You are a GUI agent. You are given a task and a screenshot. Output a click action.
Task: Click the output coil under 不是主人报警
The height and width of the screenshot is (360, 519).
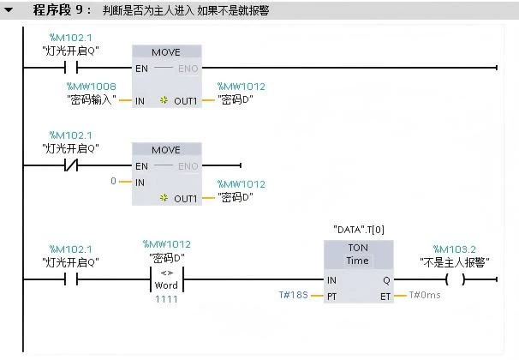coord(455,279)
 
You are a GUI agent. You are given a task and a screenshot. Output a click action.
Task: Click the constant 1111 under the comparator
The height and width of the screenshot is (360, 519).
coord(167,299)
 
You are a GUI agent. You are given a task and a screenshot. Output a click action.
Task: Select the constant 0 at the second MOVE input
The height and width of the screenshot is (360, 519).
coord(112,182)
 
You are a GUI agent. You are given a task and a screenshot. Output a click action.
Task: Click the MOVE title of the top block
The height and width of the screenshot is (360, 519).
coord(166,51)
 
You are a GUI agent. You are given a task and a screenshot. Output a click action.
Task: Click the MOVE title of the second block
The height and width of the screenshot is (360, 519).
coord(166,150)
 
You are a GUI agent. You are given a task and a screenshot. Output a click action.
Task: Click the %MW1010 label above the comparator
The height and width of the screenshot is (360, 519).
coord(167,244)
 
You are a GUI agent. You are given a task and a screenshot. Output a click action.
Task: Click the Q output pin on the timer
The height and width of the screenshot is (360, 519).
coord(385,279)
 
